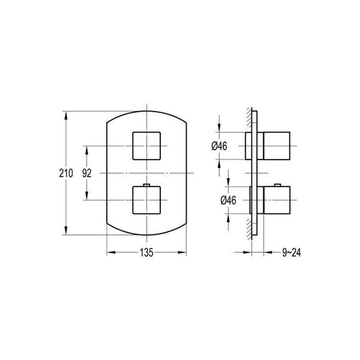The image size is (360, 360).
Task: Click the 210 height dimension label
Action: pyautogui.click(x=66, y=173)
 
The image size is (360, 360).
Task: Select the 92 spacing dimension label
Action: pyautogui.click(x=87, y=173)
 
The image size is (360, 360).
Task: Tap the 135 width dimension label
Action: pyautogui.click(x=147, y=252)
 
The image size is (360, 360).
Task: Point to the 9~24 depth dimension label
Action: pyautogui.click(x=291, y=252)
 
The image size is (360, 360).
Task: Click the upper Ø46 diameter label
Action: pyautogui.click(x=219, y=146)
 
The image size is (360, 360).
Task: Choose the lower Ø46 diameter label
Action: pyautogui.click(x=228, y=201)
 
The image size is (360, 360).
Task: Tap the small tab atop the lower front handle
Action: pyautogui.click(x=147, y=185)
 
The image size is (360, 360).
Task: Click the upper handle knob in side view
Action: pyautogui.click(x=277, y=146)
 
